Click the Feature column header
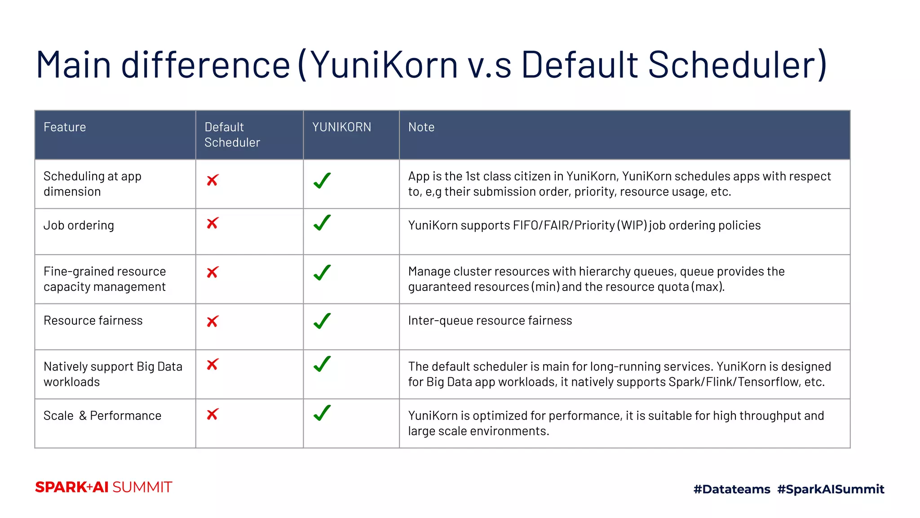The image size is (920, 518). coord(65,127)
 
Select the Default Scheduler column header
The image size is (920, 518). coord(232,134)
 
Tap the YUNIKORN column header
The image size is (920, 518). coord(341,127)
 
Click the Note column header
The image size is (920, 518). coord(421,127)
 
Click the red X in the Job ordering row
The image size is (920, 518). coord(212,223)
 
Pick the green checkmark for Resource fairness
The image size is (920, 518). coord(322,321)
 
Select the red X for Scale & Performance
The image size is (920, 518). coord(212,414)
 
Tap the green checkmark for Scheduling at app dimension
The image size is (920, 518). coord(322,181)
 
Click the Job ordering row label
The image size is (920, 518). coord(79,225)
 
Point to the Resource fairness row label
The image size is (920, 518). coord(93,321)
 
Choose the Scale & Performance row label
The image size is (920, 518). coord(102,415)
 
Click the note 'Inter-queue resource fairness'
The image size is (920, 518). coord(490,321)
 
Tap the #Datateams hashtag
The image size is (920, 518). coord(732,489)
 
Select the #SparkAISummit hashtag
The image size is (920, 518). coord(831,489)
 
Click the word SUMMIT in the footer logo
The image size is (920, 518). coord(142,487)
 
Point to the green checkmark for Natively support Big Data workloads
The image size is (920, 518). coord(322,364)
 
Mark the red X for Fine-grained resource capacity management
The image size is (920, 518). coord(212,272)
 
